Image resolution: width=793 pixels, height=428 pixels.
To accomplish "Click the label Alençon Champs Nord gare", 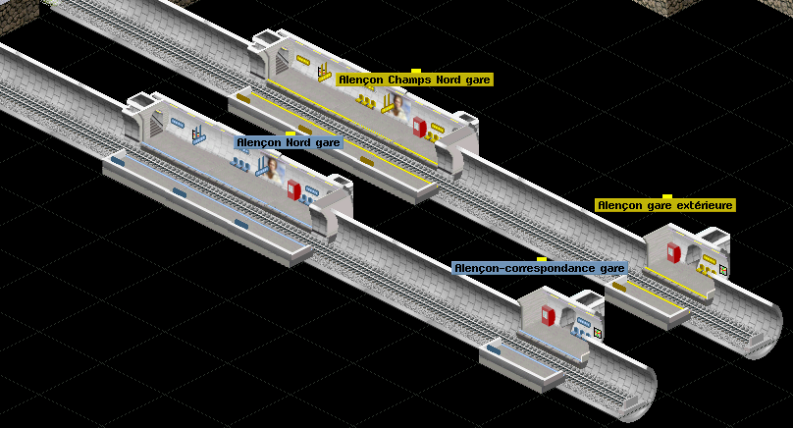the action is pyautogui.click(x=414, y=80).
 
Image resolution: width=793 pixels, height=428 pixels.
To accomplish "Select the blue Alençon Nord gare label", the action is pyautogui.click(x=289, y=142).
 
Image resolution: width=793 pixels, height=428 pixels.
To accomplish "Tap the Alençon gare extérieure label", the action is pyautogui.click(x=664, y=205).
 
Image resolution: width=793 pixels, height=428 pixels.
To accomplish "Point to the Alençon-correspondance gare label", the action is pyautogui.click(x=539, y=268).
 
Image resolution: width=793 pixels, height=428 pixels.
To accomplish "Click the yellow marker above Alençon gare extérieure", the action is pyautogui.click(x=667, y=195).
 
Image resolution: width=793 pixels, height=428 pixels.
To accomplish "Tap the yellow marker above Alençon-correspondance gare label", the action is pyautogui.click(x=542, y=259).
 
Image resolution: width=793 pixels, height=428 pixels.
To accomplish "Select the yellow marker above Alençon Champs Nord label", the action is pyautogui.click(x=416, y=71).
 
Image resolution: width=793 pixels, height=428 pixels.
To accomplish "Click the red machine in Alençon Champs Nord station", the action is pyautogui.click(x=420, y=127).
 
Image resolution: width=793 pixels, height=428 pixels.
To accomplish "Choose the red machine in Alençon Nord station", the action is pyautogui.click(x=293, y=189).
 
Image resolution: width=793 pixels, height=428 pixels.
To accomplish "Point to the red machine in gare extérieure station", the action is pyautogui.click(x=673, y=252).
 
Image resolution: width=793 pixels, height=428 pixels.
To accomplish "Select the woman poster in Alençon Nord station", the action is pyautogui.click(x=273, y=170).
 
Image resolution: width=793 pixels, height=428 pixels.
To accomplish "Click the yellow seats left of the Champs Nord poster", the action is pyautogui.click(x=366, y=101).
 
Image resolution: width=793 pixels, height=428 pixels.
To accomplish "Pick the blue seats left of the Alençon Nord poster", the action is pyautogui.click(x=240, y=164).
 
